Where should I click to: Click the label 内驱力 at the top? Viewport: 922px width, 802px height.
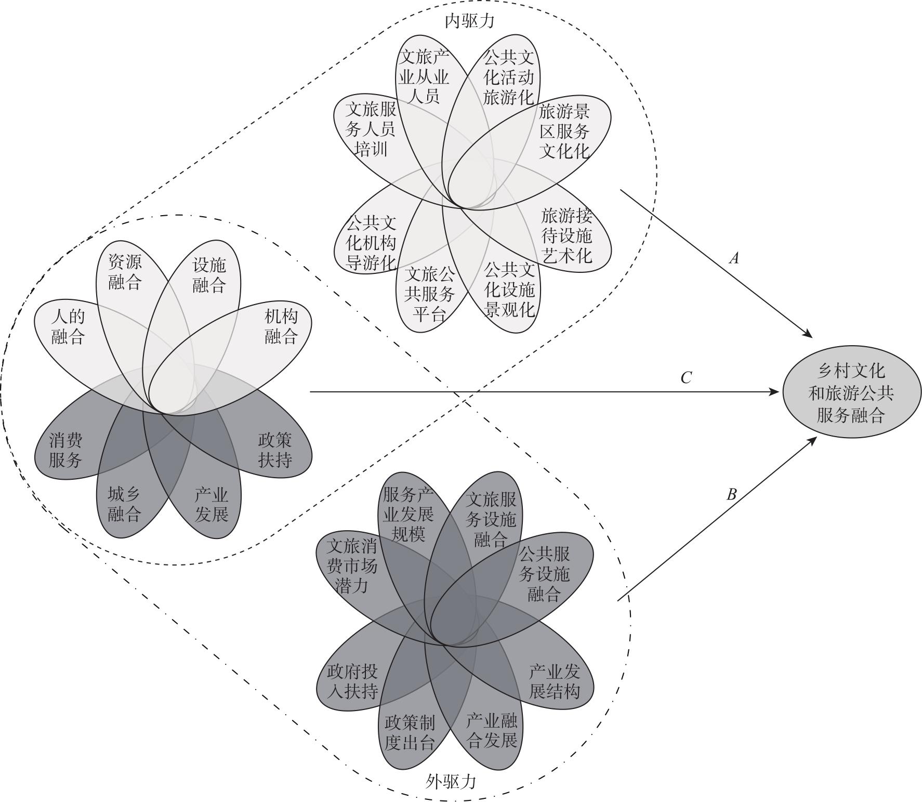(x=469, y=21)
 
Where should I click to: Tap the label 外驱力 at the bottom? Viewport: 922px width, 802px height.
(x=451, y=781)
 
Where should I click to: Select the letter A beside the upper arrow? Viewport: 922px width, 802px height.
(x=734, y=258)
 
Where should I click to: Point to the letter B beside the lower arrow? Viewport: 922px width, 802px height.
(x=731, y=494)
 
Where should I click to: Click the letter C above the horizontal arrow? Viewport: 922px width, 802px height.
(x=686, y=377)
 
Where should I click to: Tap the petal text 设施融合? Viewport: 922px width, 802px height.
(x=209, y=275)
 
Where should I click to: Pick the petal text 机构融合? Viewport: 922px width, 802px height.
(x=281, y=326)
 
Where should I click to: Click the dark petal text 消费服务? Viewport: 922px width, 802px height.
(x=66, y=451)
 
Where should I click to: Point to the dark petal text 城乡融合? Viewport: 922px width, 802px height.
(x=125, y=504)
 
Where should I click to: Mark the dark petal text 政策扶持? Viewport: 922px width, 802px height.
(x=275, y=450)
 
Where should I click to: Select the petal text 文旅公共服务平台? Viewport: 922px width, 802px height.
(x=429, y=294)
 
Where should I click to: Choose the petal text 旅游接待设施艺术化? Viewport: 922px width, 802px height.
(x=567, y=235)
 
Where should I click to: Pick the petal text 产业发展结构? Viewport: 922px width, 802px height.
(x=554, y=681)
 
